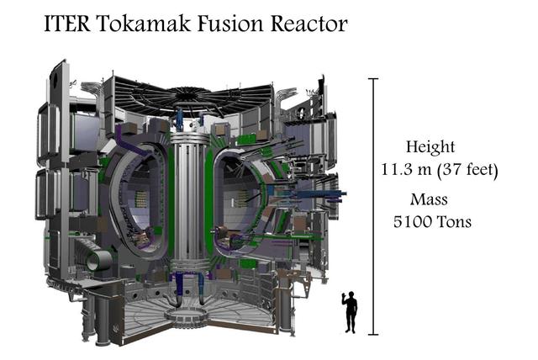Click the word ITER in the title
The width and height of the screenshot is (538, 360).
click(x=67, y=24)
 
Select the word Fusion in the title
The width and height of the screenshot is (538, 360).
click(x=230, y=24)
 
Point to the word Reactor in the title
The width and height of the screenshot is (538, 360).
click(x=309, y=24)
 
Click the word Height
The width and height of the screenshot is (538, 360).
click(x=430, y=147)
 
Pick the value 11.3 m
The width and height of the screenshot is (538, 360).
click(x=406, y=169)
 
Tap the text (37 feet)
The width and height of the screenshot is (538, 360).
click(x=467, y=170)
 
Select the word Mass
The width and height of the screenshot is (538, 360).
click(x=429, y=199)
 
